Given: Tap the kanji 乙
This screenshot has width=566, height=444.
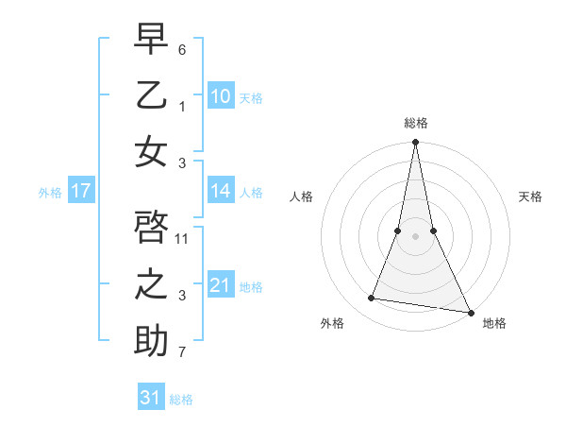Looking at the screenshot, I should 151,95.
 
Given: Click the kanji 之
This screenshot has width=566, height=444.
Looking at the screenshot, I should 151,284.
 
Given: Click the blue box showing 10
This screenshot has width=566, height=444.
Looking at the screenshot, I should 220,96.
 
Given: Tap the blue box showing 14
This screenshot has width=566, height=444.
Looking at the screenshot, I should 220,191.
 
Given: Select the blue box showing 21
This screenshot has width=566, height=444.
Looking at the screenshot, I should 220,285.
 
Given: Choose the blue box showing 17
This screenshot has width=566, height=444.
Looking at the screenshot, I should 80,191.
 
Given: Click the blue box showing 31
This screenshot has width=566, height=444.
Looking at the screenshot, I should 151,398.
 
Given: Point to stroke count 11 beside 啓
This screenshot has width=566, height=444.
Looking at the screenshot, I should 182,238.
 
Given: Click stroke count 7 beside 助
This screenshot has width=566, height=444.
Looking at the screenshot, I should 182,352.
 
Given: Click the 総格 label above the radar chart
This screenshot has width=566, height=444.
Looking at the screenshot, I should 416,123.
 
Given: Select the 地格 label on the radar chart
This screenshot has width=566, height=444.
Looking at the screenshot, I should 494,323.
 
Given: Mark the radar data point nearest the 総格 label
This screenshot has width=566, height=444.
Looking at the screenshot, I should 415,143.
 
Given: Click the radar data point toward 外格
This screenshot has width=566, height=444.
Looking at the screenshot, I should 372,299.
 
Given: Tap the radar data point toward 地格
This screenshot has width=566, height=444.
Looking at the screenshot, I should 470,312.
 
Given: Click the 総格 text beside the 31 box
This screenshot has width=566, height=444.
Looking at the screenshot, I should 181,399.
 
